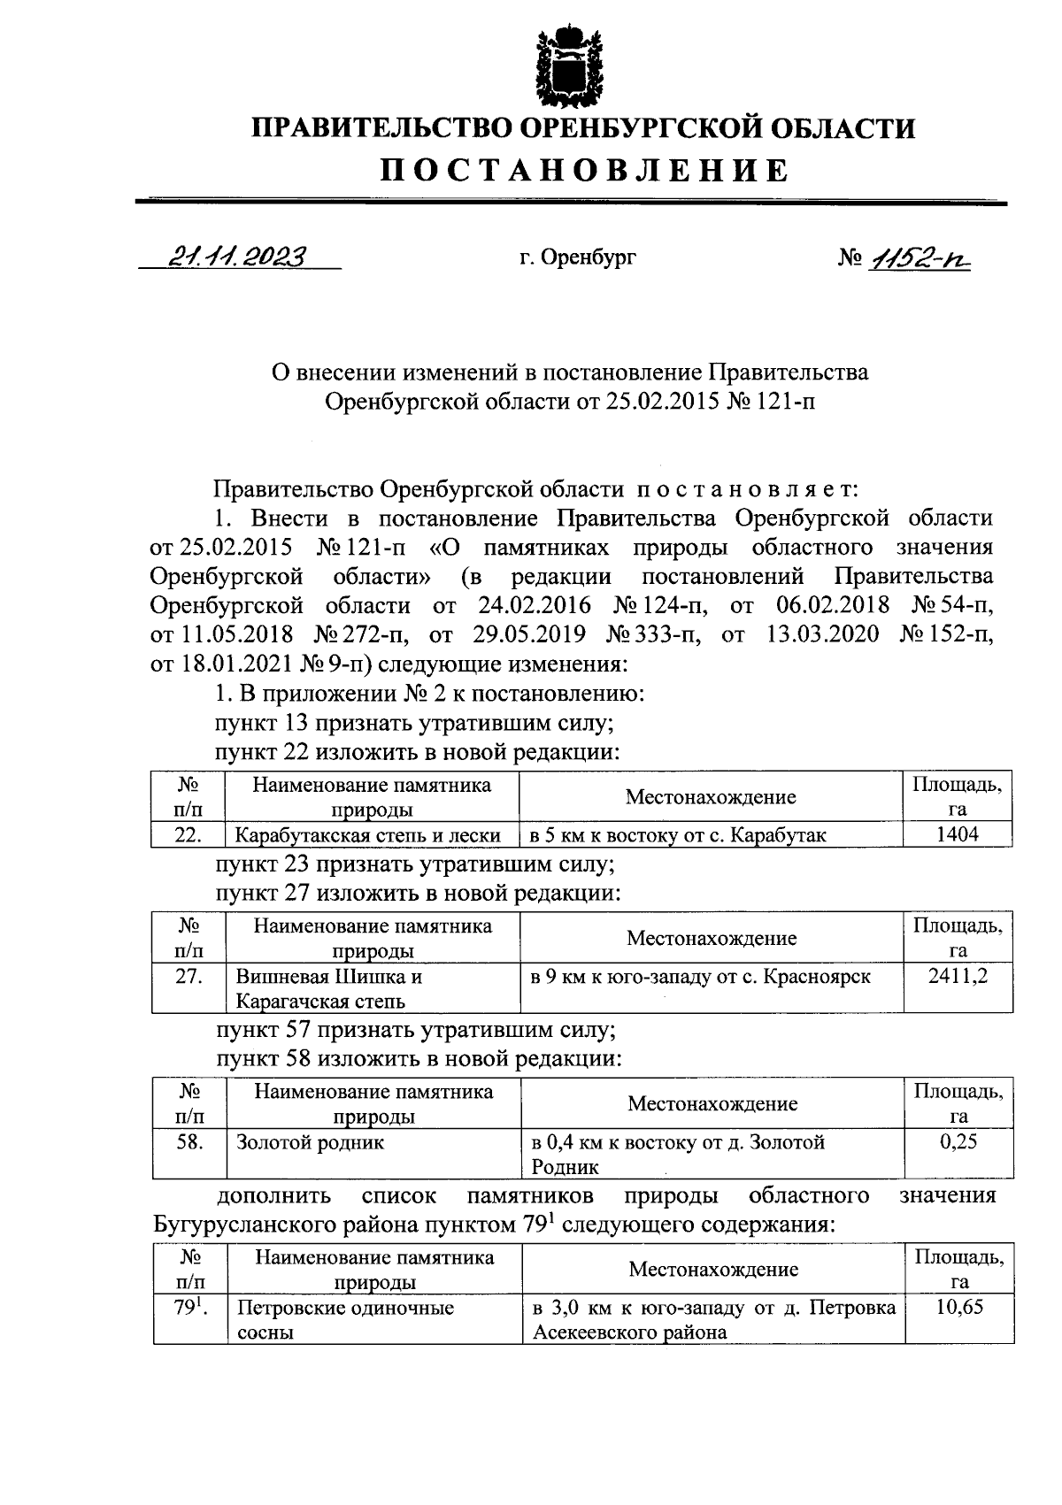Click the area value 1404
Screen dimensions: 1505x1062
(x=957, y=833)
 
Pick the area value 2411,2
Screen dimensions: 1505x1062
(x=957, y=976)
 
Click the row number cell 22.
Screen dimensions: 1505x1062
(x=188, y=834)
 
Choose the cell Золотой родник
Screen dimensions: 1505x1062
(x=310, y=1142)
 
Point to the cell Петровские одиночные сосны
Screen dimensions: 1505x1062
(x=345, y=1319)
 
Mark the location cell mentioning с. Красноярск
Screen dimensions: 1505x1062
(x=699, y=977)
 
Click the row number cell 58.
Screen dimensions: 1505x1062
(x=189, y=1141)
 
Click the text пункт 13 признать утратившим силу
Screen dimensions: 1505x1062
(x=415, y=723)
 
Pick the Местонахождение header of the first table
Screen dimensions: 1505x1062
(x=710, y=797)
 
